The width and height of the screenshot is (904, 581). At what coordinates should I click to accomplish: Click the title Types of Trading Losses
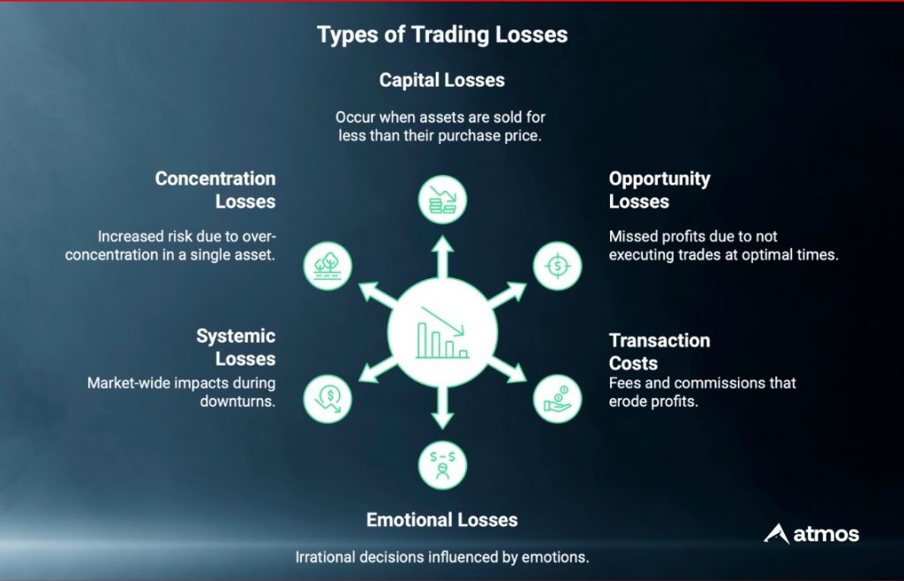coord(442,34)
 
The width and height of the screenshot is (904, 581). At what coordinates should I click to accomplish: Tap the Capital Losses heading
coord(442,80)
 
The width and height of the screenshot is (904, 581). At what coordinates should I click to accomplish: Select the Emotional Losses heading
coord(442,520)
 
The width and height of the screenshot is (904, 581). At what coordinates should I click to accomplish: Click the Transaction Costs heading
coord(659,351)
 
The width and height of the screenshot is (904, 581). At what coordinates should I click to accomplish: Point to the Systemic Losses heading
coord(236,347)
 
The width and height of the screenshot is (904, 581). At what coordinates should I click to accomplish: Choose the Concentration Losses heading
coord(215,190)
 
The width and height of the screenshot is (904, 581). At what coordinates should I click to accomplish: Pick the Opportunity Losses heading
coord(659,190)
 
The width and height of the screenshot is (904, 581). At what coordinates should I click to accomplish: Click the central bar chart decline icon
coord(442,332)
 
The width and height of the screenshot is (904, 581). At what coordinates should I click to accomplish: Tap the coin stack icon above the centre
coord(442,200)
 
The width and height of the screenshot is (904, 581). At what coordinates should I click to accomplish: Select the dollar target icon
coord(558,266)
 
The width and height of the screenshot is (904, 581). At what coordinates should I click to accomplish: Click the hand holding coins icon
coord(558,399)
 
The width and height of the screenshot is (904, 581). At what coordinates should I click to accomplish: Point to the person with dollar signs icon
coord(442,465)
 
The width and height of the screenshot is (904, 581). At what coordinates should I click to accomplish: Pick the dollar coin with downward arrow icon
coord(328,399)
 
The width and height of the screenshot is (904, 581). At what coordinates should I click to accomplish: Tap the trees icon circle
coord(328,266)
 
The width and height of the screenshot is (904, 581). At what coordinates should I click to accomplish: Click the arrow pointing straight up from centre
coord(442,257)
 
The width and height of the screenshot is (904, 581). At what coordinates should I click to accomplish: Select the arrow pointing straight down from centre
coord(442,408)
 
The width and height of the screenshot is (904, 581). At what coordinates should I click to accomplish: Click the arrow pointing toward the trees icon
coord(378,294)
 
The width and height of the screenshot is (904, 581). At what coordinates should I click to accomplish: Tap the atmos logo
coord(811,533)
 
